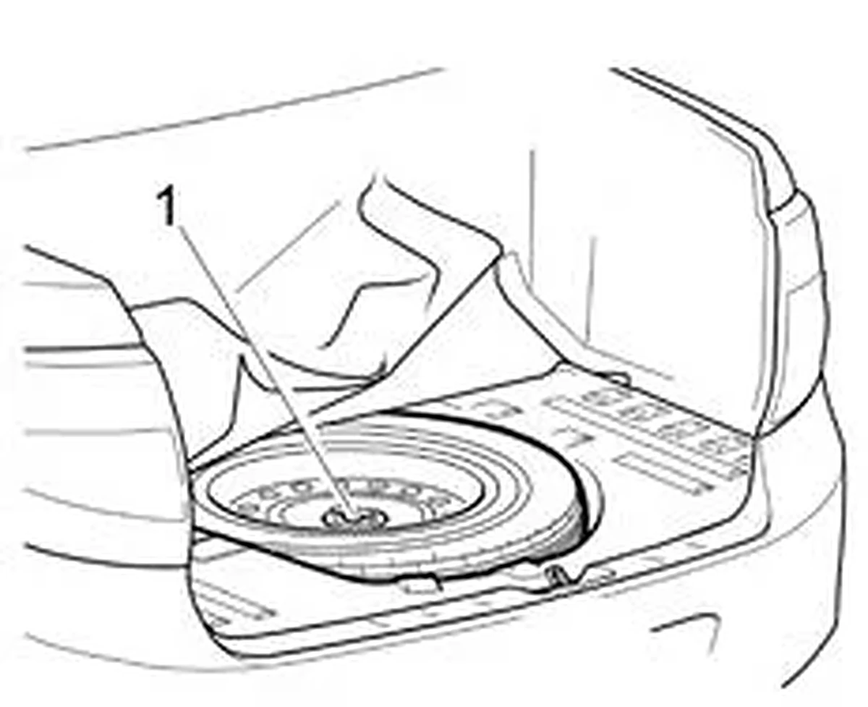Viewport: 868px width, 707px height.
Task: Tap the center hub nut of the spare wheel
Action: point(354,519)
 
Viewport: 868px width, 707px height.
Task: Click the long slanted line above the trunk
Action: point(234,109)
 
